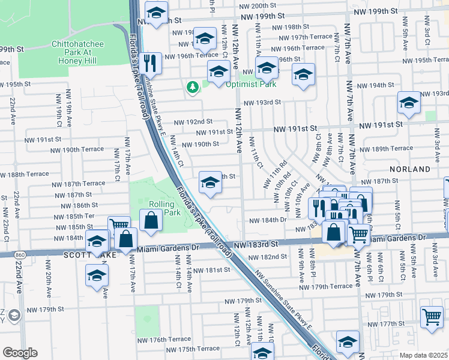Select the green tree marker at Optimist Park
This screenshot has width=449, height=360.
(193, 88)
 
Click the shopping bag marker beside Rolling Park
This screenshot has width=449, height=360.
(151, 220)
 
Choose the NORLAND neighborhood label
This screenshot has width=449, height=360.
(410, 169)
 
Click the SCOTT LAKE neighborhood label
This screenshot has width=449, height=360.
(86, 255)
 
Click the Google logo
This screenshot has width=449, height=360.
(20, 353)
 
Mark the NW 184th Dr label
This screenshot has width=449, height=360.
(269, 220)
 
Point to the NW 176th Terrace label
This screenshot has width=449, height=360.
(170, 340)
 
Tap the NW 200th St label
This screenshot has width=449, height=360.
(256, 5)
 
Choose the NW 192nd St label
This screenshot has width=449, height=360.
(193, 122)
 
